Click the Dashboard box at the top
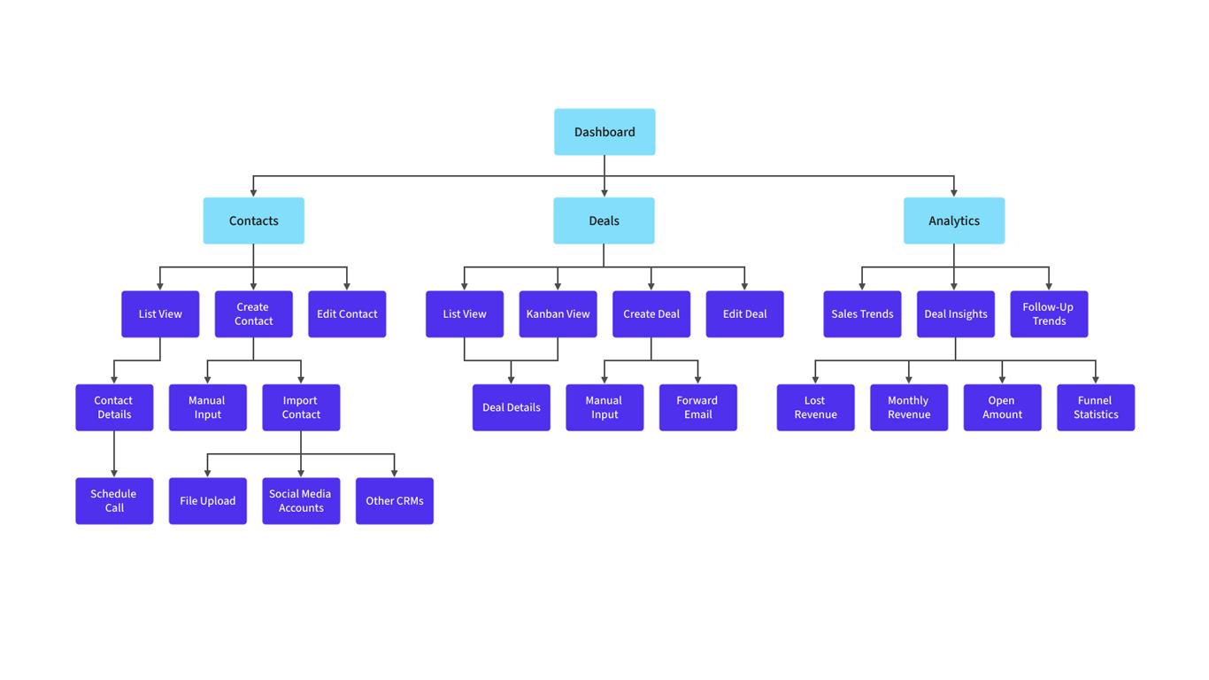pyautogui.click(x=604, y=132)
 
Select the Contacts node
pyautogui.click(x=253, y=220)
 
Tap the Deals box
pyautogui.click(x=604, y=220)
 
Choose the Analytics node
pyautogui.click(x=954, y=220)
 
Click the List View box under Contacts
pyautogui.click(x=160, y=314)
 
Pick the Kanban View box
pyautogui.click(x=558, y=314)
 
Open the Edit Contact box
pyautogui.click(x=347, y=314)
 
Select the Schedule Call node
pyautogui.click(x=114, y=501)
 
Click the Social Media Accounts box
pyautogui.click(x=301, y=501)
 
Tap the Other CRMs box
pyautogui.click(x=395, y=501)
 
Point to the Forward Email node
pyautogui.click(x=697, y=407)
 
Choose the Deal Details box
pyautogui.click(x=511, y=407)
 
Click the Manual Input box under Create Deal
pyautogui.click(x=604, y=407)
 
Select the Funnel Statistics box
pyautogui.click(x=1096, y=407)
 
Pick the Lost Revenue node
pyautogui.click(x=815, y=407)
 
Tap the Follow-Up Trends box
pyautogui.click(x=1049, y=314)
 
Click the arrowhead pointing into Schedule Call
pyautogui.click(x=114, y=473)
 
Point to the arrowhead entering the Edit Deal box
pyautogui.click(x=744, y=286)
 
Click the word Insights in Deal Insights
pyautogui.click(x=971, y=314)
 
